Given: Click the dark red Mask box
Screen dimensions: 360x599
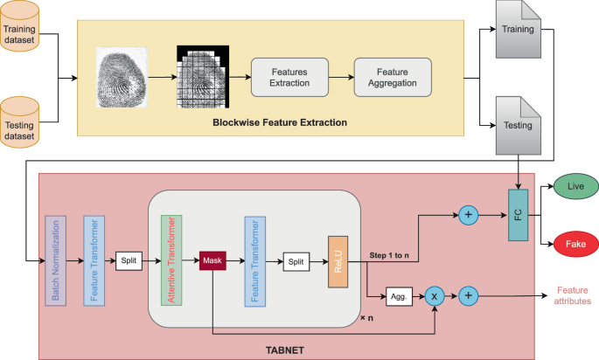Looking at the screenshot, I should click(x=213, y=260).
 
